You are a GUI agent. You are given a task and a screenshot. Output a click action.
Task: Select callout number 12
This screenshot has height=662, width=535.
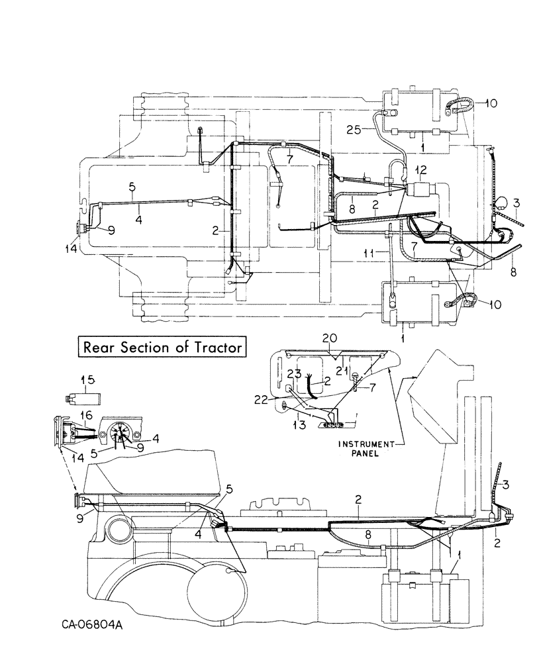click(421, 171)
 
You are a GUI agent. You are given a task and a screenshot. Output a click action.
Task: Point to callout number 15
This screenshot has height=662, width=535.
click(87, 380)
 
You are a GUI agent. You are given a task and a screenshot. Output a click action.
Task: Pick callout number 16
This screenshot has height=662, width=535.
click(86, 414)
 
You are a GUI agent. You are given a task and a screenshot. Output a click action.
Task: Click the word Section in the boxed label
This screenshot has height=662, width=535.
click(150, 347)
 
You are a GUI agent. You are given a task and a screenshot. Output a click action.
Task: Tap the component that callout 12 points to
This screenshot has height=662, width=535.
click(420, 192)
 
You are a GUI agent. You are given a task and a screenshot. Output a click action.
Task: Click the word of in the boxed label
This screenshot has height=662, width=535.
click(185, 347)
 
